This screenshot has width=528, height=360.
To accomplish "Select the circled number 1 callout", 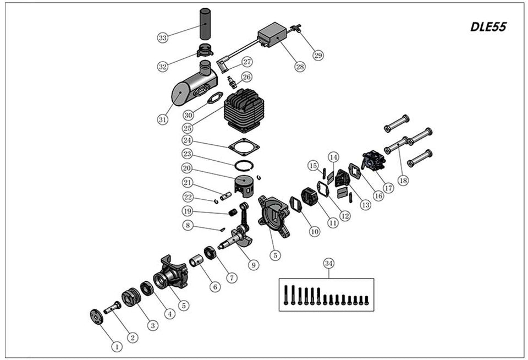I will point(116,346).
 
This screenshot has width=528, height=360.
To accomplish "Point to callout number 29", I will point(318,55).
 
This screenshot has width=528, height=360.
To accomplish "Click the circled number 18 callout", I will point(404,181).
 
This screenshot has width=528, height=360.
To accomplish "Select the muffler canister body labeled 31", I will point(187,90).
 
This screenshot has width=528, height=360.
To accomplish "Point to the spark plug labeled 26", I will point(232,83).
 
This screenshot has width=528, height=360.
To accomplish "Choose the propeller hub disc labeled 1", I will point(97,318).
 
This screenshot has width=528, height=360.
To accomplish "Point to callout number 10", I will point(314,232).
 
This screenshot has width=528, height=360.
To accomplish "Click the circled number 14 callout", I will point(333,157).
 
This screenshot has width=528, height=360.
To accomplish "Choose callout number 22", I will point(188,197).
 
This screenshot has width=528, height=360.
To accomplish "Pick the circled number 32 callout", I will point(163,67).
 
